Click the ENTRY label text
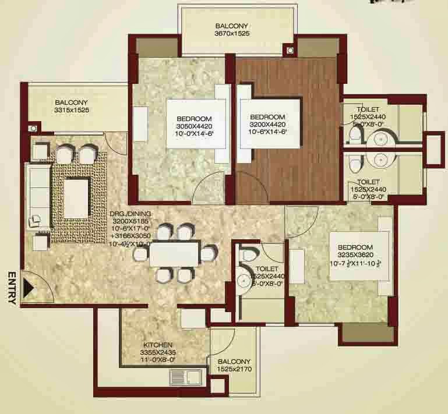(x=10, y=288)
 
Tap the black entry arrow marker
(x=27, y=286)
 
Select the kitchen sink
(x=185, y=378)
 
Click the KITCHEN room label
(x=158, y=344)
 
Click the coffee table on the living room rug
(x=76, y=197)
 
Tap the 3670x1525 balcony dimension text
(x=232, y=35)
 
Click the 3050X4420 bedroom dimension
(x=194, y=126)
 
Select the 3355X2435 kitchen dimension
(x=158, y=352)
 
